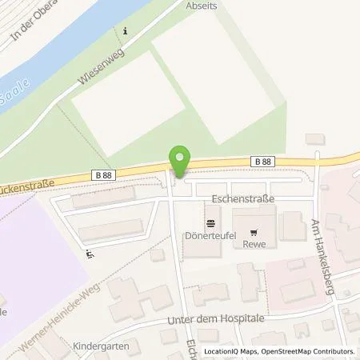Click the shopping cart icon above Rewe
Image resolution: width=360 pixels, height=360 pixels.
(254, 226)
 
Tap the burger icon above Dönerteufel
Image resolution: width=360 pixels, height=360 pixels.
(210, 222)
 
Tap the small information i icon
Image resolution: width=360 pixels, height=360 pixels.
(125, 31)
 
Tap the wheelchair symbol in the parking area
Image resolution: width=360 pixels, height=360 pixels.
(89, 255)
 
